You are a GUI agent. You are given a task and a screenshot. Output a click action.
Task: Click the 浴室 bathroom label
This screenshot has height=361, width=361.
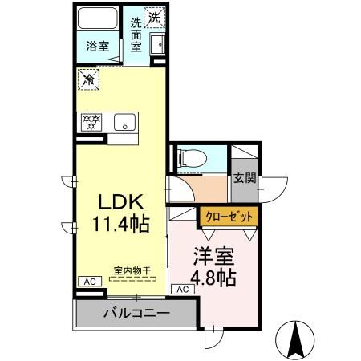coord(98,47)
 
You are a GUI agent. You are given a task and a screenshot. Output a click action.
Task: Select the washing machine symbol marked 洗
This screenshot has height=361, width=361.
coord(155,18)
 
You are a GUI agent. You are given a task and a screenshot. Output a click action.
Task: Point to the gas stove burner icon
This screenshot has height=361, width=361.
coord(90,122)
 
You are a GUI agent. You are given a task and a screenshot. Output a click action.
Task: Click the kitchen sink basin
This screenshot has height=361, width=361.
coord(124,122)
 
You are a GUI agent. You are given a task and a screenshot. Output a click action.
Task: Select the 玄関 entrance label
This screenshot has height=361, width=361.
coord(245,178)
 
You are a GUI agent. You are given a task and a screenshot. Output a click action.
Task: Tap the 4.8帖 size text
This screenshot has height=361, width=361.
coord(213,278)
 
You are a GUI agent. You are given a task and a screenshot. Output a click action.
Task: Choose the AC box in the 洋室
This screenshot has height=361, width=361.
coord(182,289)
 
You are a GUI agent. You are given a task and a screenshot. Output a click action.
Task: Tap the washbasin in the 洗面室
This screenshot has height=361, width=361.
coord(159,44)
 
